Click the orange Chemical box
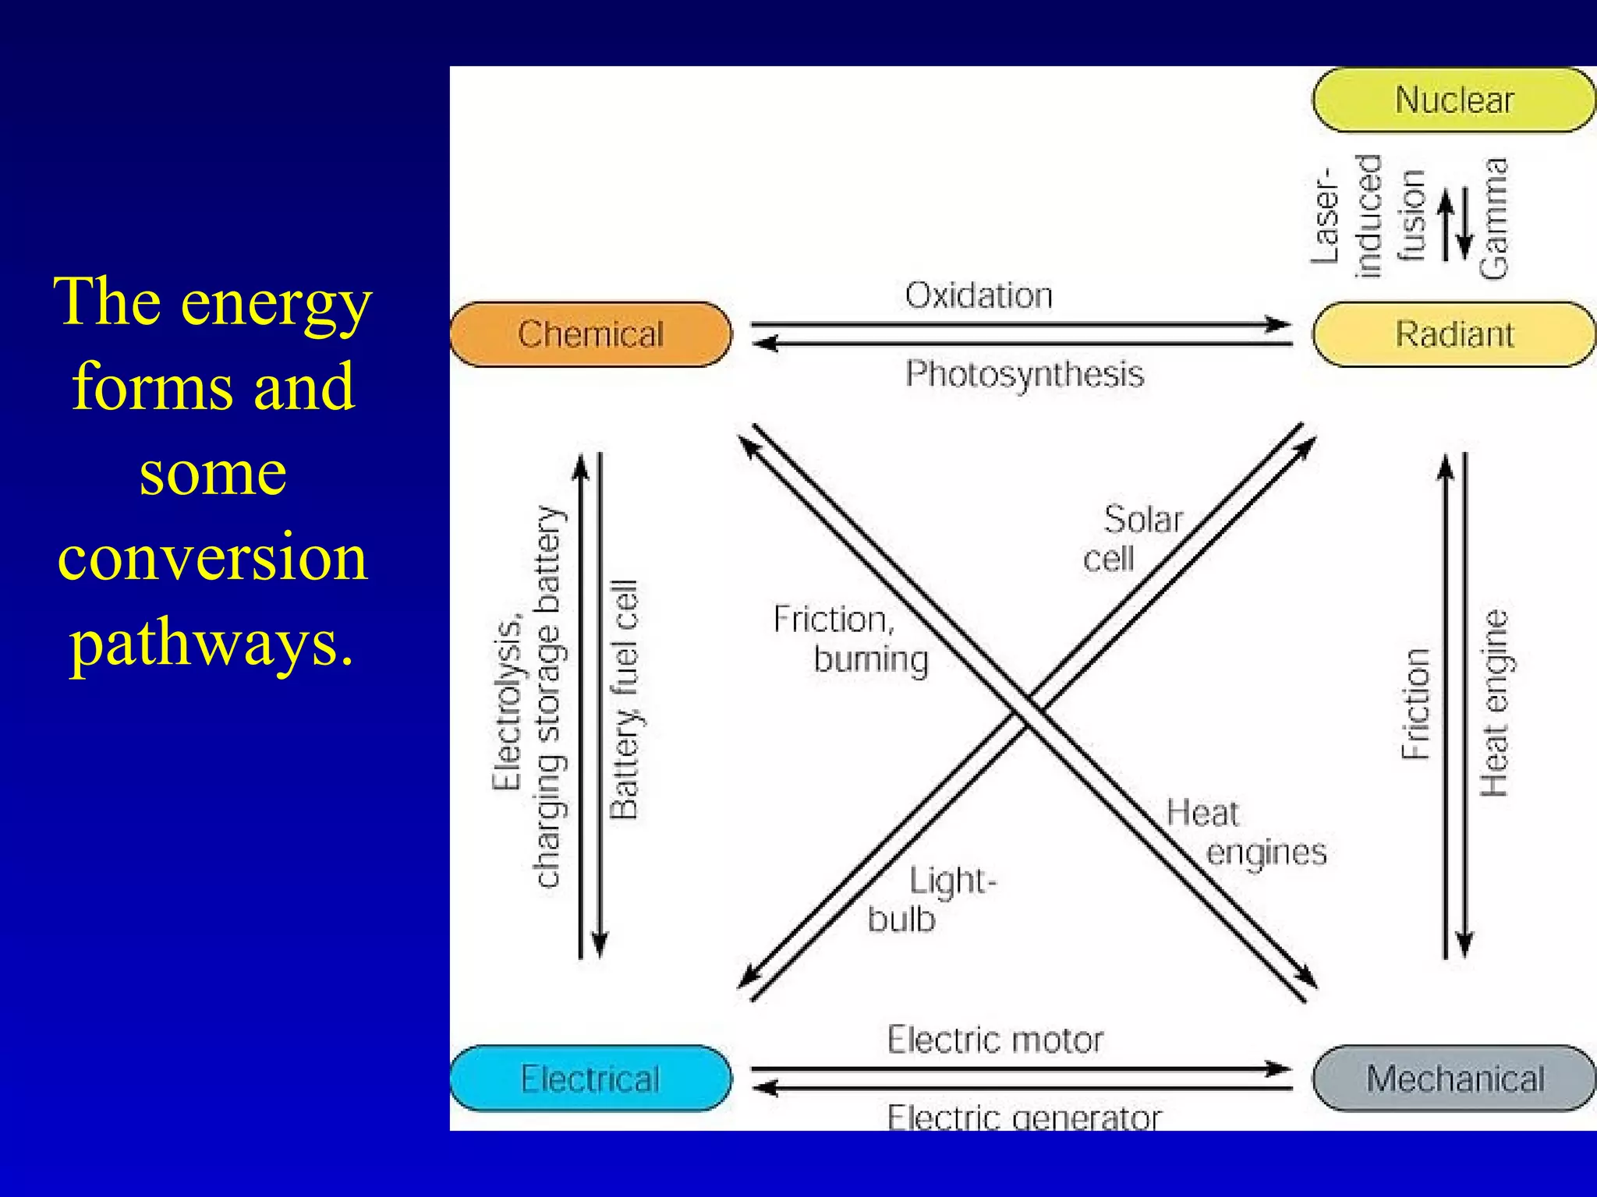(x=591, y=334)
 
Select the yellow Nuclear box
(x=1454, y=101)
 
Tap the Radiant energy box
(x=1454, y=334)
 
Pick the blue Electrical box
(x=591, y=1079)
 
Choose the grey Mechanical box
(x=1454, y=1079)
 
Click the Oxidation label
(x=979, y=296)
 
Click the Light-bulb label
(x=933, y=900)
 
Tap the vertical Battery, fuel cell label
(x=625, y=700)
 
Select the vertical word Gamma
(x=1494, y=218)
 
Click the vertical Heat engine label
(x=1494, y=704)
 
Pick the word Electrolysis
(x=508, y=705)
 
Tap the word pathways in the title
(x=212, y=643)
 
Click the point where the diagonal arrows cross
(x=1028, y=711)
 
